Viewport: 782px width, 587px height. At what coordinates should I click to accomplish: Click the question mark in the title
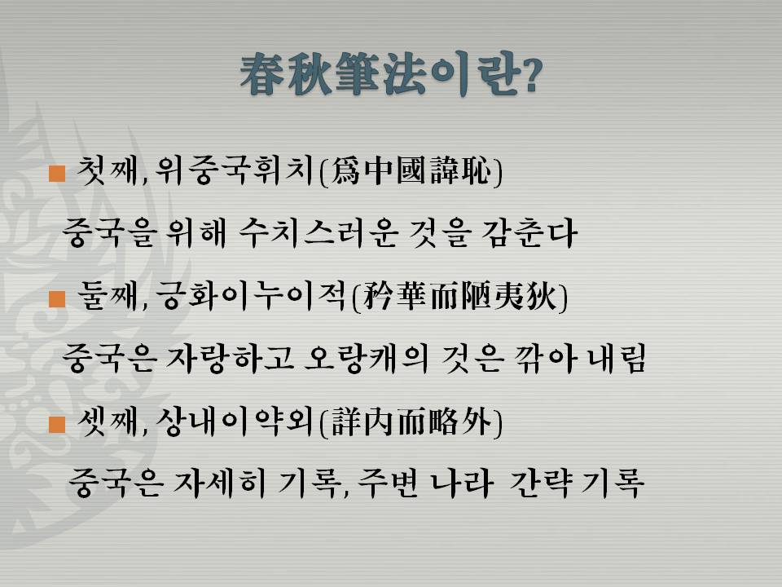[x=530, y=75]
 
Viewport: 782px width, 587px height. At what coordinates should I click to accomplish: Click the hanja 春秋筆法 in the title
[x=332, y=74]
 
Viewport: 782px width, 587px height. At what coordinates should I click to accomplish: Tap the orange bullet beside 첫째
[x=57, y=173]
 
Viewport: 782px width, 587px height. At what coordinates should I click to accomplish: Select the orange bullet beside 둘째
[x=57, y=298]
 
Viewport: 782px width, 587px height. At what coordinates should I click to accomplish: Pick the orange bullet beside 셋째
[x=57, y=424]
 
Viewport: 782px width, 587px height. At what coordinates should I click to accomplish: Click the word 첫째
[x=108, y=171]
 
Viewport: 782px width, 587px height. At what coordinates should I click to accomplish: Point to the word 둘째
[x=108, y=297]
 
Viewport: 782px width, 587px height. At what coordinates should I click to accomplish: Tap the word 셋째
[x=108, y=421]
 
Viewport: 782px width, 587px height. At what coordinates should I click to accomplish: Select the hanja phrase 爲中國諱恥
[x=411, y=171]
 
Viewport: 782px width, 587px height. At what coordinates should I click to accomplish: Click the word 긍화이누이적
[x=250, y=297]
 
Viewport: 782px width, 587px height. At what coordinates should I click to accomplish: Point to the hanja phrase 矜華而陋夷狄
[x=459, y=297]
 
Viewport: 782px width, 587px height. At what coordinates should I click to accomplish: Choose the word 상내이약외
[x=235, y=421]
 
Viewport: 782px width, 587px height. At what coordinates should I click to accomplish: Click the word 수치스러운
[x=318, y=233]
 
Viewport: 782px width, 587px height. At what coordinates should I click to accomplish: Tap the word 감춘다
[x=529, y=233]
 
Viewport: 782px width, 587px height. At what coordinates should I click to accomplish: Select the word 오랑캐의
[x=367, y=359]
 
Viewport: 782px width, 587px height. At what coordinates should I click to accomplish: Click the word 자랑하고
[x=230, y=359]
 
